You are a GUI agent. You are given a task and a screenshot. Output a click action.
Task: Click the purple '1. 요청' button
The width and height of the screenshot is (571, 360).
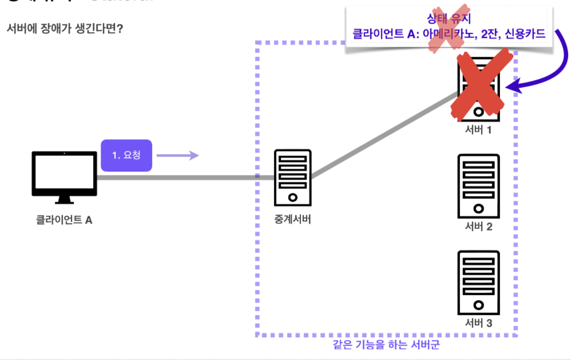coord(126,156)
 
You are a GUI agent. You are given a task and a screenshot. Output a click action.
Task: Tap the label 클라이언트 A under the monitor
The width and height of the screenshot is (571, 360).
coord(64,220)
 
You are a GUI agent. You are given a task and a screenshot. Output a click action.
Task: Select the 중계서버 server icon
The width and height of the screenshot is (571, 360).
coord(293,177)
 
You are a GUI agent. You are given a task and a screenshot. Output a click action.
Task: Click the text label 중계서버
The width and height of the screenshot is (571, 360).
coord(292,220)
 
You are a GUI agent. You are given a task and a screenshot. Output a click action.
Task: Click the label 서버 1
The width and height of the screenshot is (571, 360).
coord(478,129)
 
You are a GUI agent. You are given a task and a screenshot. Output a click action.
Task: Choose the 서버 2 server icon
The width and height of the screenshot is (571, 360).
coord(479,186)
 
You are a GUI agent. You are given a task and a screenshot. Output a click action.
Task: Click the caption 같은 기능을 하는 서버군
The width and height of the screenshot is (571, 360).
coord(387,345)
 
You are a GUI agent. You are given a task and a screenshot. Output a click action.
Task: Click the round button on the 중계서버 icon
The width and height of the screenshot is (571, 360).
coord(293,198)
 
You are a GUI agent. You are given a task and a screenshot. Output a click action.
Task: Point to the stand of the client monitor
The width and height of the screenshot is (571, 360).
coord(64,200)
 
